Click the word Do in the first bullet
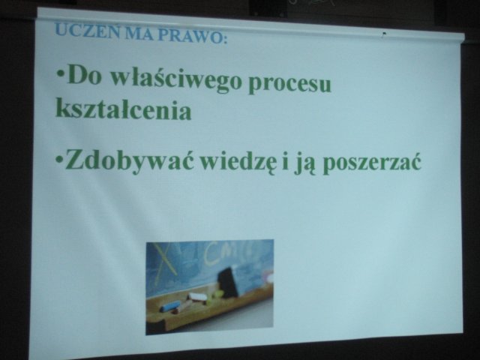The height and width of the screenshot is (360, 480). (x=83, y=75)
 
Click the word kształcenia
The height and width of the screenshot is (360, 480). (x=123, y=109)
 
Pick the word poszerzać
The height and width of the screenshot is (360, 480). (x=372, y=163)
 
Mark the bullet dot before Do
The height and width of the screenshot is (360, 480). (x=61, y=75)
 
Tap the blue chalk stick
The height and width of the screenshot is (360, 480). (x=169, y=306)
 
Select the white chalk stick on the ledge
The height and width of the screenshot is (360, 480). (x=197, y=296)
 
